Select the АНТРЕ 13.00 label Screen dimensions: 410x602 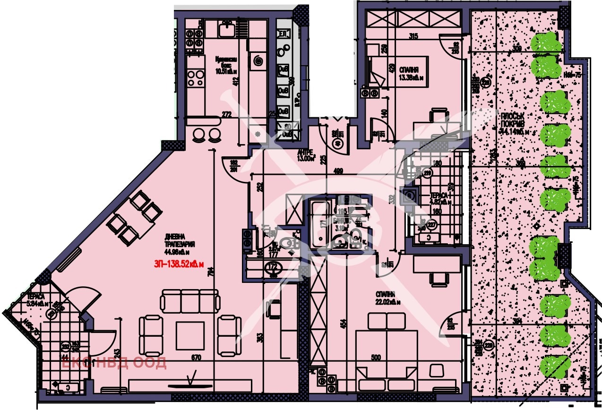(305, 155)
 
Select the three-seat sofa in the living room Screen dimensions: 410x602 (190, 300)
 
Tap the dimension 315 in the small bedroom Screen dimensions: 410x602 (414, 37)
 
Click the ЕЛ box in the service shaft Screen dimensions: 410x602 (284, 34)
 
